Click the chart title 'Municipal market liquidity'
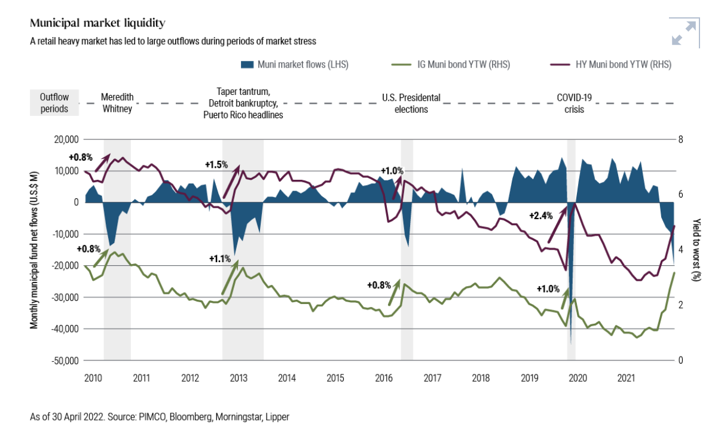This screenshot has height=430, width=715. click(97, 23)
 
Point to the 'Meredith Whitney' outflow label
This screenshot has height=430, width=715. click(117, 102)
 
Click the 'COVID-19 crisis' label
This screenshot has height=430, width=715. click(570, 102)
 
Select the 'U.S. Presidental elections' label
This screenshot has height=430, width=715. click(411, 102)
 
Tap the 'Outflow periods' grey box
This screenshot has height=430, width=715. click(54, 102)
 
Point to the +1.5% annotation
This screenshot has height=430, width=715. click(216, 164)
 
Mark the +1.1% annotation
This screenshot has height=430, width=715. click(220, 259)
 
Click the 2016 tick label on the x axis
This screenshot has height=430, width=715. click(383, 378)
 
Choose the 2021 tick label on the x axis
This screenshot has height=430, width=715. click(625, 378)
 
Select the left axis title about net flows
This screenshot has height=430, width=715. click(35, 250)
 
